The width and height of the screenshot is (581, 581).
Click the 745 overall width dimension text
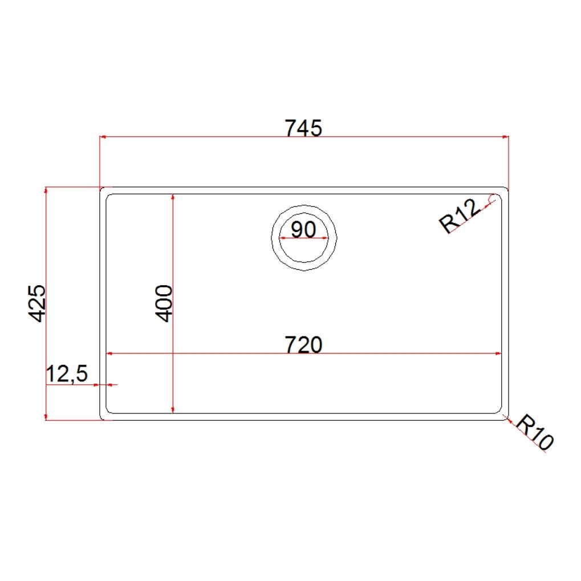coord(303,128)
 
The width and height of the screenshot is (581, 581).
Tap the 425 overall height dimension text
coord(38,303)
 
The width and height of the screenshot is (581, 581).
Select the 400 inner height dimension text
coord(164,303)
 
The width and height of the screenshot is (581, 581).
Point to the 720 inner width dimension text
coord(303,344)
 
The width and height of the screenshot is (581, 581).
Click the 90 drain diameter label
coord(303,229)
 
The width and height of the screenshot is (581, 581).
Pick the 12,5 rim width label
coord(67,373)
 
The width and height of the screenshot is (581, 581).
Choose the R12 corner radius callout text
coord(460,216)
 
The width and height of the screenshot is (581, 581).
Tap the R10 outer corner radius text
coord(534,432)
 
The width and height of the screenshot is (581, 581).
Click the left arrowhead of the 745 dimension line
coord(103,137)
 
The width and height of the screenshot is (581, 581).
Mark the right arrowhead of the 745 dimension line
coord(505,137)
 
